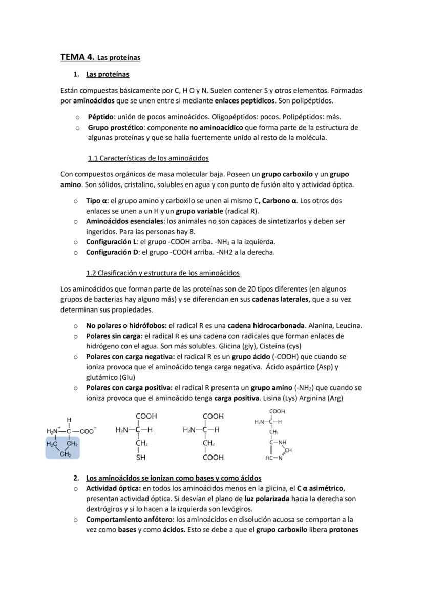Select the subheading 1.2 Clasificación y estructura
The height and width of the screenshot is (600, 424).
pos(163,273)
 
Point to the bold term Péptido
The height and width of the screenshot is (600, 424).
pos(100,117)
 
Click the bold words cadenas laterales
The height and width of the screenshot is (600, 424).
pos(280,299)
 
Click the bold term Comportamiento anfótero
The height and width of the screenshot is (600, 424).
pos(126,519)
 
